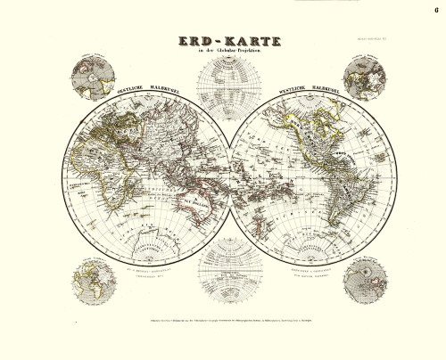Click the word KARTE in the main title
click(x=244, y=44)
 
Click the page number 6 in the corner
click(x=436, y=11)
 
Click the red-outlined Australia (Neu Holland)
click(x=197, y=207)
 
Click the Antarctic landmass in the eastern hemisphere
click(x=147, y=245)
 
